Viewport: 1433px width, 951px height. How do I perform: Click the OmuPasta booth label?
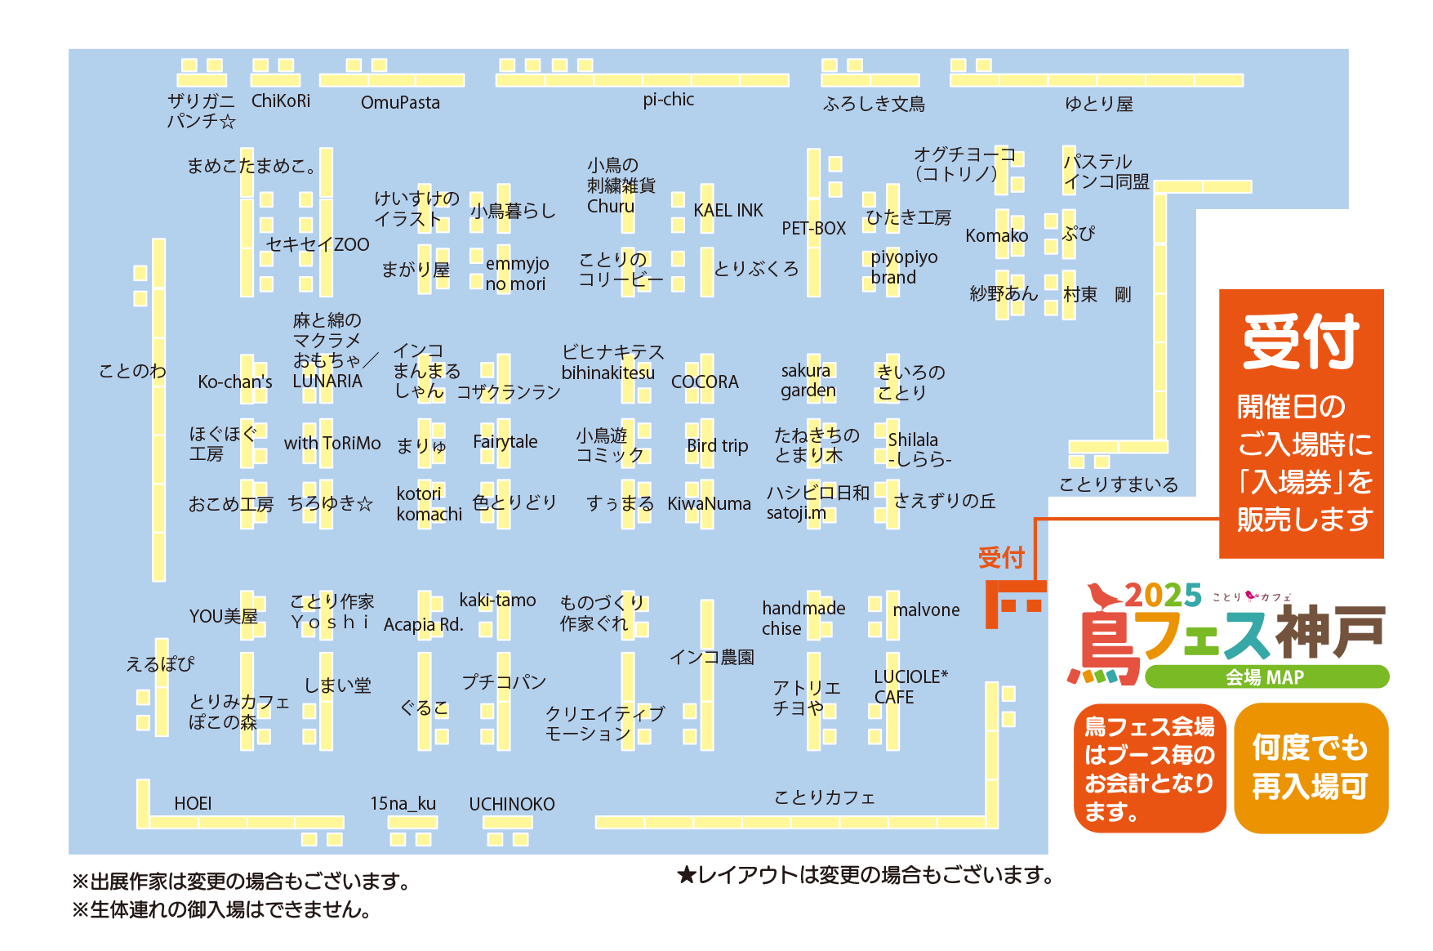[x=400, y=102]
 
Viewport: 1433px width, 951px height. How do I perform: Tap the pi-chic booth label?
[x=668, y=100]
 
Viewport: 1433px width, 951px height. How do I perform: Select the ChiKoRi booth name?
[x=281, y=100]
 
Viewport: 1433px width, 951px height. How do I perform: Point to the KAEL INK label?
[x=728, y=210]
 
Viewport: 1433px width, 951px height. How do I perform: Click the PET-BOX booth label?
[x=813, y=228]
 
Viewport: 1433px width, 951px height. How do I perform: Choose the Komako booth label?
[x=996, y=235]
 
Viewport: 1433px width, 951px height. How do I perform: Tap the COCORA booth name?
[x=705, y=382]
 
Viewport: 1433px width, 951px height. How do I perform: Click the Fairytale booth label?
[x=505, y=442]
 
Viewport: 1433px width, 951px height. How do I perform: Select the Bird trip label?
[x=717, y=445]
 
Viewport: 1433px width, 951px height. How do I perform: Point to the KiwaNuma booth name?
[x=709, y=503]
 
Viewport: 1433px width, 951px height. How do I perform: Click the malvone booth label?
[x=926, y=609]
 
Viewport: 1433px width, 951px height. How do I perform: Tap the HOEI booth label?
[x=193, y=803]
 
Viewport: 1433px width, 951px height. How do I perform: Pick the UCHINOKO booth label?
[x=511, y=804]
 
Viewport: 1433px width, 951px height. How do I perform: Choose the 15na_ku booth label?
[x=403, y=804]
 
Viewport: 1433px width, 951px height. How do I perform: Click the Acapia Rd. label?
[x=423, y=624]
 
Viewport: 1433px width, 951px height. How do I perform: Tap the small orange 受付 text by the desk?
[x=1001, y=557]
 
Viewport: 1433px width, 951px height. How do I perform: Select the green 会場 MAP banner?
[x=1266, y=676]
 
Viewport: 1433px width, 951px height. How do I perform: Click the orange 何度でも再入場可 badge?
[x=1311, y=768]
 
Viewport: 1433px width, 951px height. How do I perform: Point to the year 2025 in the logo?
[x=1163, y=595]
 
